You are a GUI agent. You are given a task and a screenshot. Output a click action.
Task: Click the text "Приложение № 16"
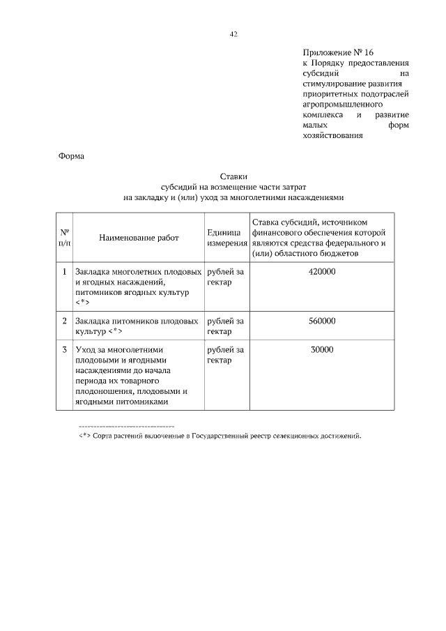tap(339, 52)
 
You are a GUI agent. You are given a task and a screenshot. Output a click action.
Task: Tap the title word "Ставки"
tap(233, 177)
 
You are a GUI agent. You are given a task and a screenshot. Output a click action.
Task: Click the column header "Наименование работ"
tap(139, 237)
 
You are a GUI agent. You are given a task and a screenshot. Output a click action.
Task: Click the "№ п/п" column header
tap(64, 237)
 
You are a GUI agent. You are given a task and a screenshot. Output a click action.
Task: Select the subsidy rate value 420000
tap(321, 271)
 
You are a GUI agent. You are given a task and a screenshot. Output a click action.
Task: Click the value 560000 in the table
tap(321, 321)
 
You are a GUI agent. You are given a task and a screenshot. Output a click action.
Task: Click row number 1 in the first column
tap(64, 271)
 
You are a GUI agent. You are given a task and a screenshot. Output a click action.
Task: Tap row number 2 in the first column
tap(64, 321)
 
